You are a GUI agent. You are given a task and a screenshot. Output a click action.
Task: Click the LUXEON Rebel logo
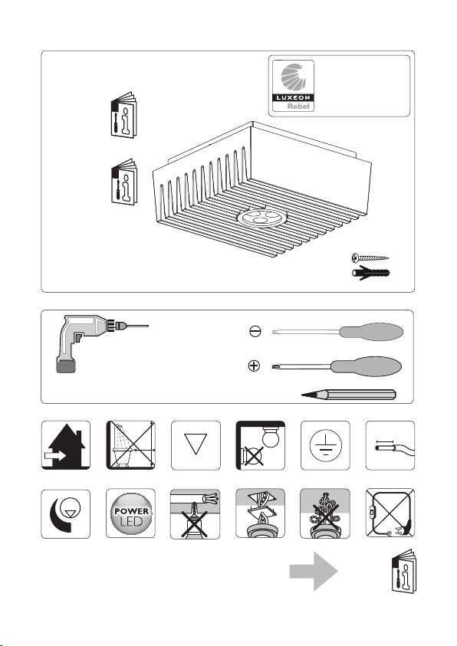(293, 86)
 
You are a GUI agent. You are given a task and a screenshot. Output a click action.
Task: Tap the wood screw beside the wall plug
(370, 258)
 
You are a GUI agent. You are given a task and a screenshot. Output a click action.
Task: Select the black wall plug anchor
(371, 272)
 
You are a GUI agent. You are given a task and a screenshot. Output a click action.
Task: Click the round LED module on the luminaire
(261, 217)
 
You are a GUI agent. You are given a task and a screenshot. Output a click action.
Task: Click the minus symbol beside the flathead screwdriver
(255, 331)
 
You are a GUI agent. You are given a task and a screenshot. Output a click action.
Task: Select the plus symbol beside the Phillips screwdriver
(255, 366)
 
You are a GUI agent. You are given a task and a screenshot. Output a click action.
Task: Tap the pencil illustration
(349, 395)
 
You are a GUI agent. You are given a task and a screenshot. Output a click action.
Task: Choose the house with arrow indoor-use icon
(65, 445)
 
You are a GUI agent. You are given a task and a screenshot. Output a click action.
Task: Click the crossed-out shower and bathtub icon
(130, 445)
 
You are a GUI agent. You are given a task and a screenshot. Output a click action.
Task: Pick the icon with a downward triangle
(196, 445)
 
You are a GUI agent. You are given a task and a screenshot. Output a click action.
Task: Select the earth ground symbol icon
(325, 445)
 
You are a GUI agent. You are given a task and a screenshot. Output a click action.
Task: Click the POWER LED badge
(130, 513)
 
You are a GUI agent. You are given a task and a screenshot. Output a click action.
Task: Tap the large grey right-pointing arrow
(314, 571)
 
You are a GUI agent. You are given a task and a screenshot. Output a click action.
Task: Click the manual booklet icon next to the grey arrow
(404, 572)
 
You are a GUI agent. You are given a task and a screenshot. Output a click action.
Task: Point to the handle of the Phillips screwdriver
(366, 366)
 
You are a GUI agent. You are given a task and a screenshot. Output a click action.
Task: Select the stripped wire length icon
(390, 445)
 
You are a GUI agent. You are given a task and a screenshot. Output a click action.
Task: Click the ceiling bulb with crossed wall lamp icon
(261, 445)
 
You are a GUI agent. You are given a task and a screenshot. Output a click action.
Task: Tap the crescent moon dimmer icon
(65, 513)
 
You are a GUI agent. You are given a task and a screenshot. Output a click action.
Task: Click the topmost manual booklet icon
(123, 115)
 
